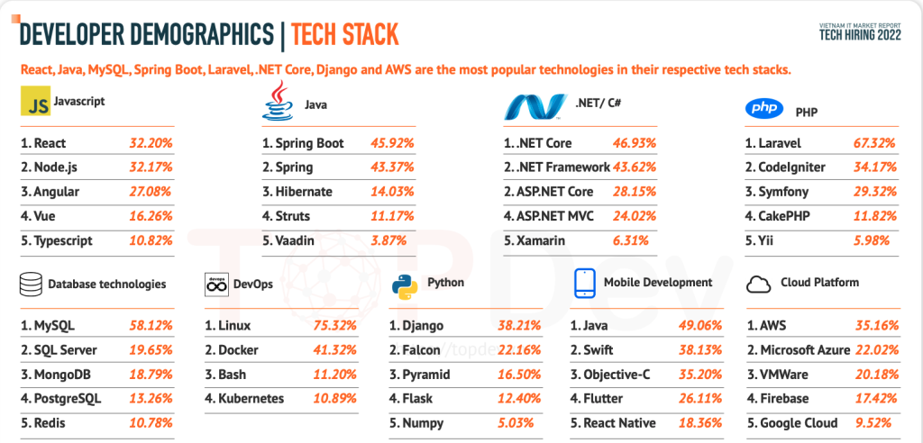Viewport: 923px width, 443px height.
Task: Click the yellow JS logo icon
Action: point(34,104)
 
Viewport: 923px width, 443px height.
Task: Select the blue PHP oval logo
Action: point(763,109)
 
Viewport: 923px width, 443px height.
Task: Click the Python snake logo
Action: point(405,285)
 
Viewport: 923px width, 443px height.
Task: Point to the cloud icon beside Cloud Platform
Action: point(760,284)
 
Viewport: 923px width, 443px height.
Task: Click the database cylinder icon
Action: point(32,285)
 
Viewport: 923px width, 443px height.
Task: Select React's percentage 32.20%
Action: point(150,143)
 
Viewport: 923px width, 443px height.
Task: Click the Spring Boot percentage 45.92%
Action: point(393,143)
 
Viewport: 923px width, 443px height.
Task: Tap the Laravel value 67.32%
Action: point(874,143)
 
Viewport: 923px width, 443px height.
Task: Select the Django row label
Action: point(420,325)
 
